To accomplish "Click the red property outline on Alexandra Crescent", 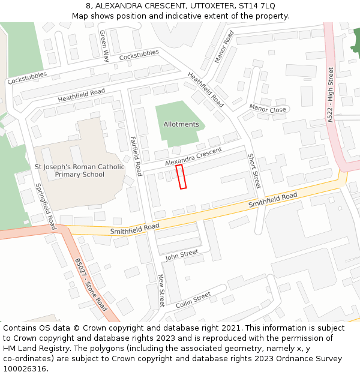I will [x=181, y=177].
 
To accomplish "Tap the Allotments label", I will [x=181, y=124].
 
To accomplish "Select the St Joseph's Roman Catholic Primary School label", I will [x=79, y=170].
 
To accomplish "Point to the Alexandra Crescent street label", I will [x=193, y=157].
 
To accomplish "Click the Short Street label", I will [x=254, y=171].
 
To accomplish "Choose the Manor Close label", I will [x=268, y=109].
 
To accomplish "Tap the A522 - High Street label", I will [x=331, y=95].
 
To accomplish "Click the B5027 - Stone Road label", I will [x=91, y=285].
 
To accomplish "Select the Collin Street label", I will [x=193, y=300].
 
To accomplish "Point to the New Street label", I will [x=161, y=290].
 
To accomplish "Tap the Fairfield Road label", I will [x=136, y=151].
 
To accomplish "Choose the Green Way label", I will [x=105, y=46].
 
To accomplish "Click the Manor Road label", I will [x=224, y=47].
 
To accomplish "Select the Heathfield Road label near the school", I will [x=81, y=95].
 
